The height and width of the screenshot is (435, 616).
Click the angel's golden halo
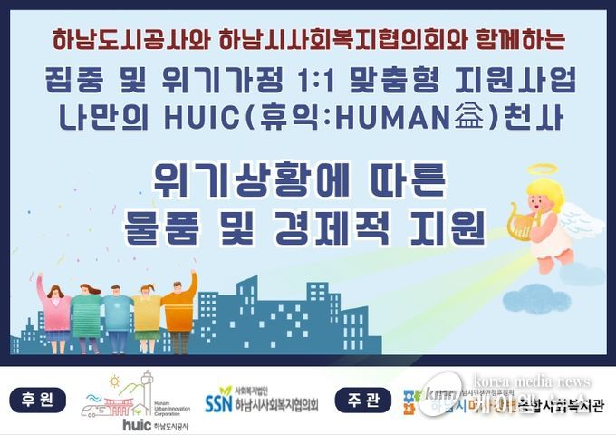tap(544, 169)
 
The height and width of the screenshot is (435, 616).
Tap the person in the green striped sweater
tap(88, 313)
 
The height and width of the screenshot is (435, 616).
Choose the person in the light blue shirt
tap(117, 313)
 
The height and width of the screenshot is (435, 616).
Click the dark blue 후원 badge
tap(38, 399)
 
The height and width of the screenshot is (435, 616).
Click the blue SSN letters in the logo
tap(218, 401)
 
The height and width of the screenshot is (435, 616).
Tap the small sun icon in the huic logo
tap(114, 381)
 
